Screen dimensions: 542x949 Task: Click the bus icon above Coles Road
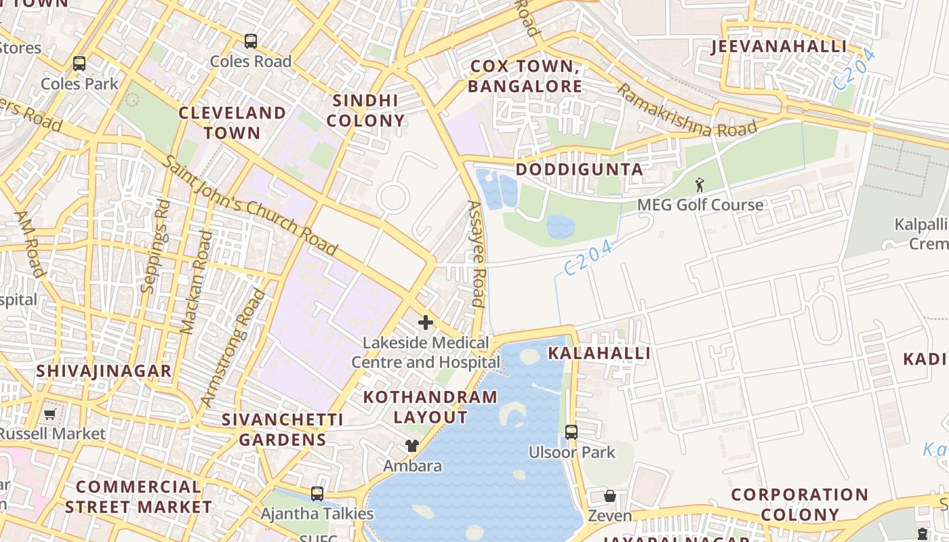pyautogui.click(x=251, y=41)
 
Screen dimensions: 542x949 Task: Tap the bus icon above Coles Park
pyautogui.click(x=79, y=64)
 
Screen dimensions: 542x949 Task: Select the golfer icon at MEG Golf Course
pyautogui.click(x=700, y=184)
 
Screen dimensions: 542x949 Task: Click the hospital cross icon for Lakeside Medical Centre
pyautogui.click(x=426, y=322)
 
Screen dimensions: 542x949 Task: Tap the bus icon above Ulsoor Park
pyautogui.click(x=571, y=432)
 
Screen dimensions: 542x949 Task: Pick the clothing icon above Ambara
pyautogui.click(x=411, y=446)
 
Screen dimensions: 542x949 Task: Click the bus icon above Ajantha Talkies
pyautogui.click(x=317, y=494)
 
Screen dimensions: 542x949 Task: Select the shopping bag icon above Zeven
pyautogui.click(x=610, y=497)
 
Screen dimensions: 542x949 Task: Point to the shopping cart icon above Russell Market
pyautogui.click(x=49, y=414)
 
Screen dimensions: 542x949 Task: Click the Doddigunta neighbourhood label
pyautogui.click(x=580, y=169)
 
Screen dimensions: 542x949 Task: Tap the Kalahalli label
pyautogui.click(x=599, y=353)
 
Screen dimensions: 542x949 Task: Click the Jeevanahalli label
pyautogui.click(x=779, y=47)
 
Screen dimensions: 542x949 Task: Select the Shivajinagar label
pyautogui.click(x=104, y=371)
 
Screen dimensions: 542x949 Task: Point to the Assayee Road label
pyautogui.click(x=477, y=254)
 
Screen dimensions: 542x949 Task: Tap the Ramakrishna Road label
pyautogui.click(x=686, y=110)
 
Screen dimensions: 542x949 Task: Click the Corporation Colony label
pyautogui.click(x=800, y=505)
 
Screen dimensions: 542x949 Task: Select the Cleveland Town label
pyautogui.click(x=232, y=123)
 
